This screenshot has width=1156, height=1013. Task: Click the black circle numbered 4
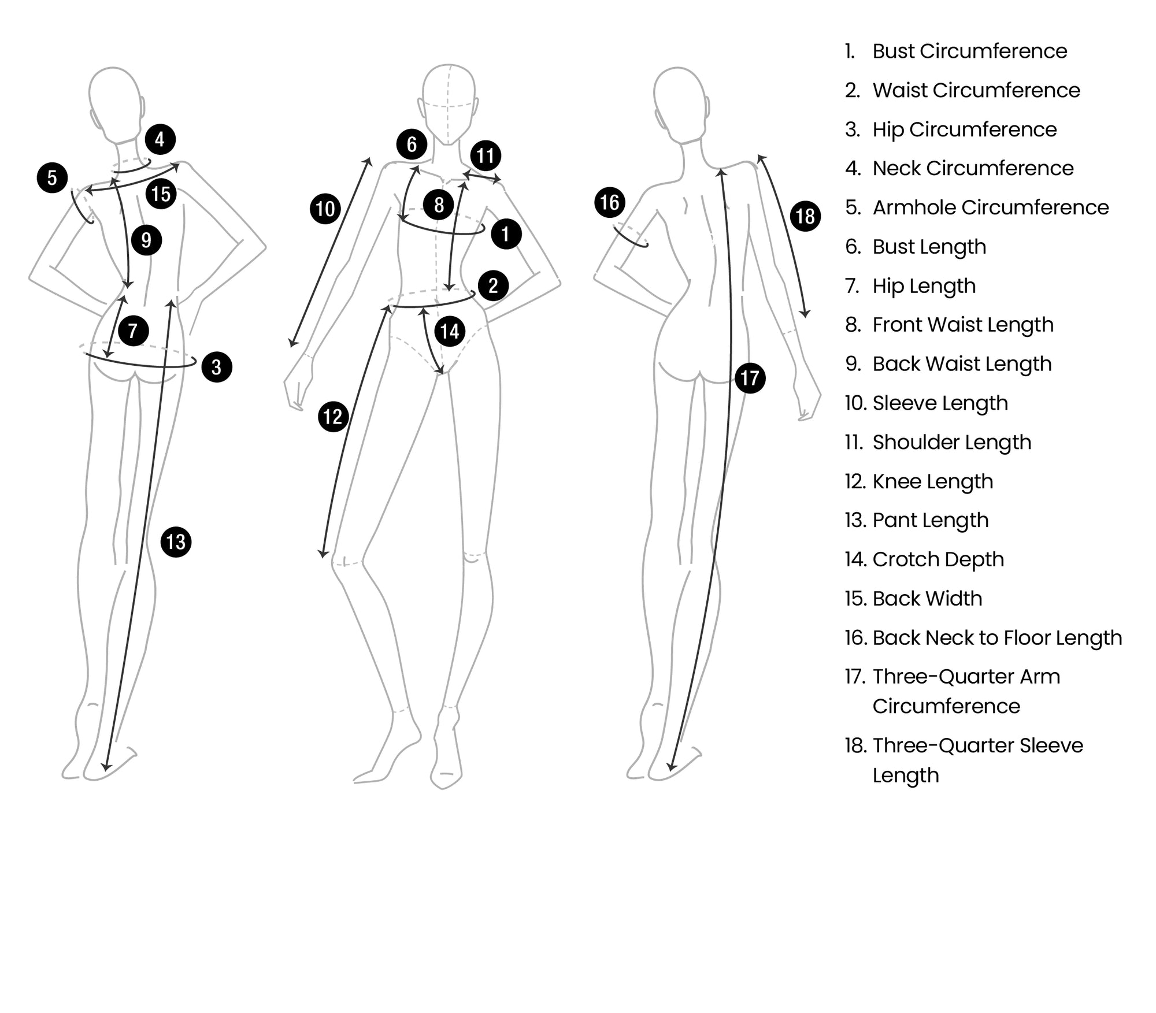[x=160, y=139]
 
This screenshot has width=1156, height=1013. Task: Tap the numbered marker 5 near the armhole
[x=52, y=177]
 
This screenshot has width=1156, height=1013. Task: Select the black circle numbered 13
[x=176, y=542]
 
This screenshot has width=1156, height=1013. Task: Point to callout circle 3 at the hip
[x=217, y=367]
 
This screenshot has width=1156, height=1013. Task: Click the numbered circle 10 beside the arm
[x=325, y=209]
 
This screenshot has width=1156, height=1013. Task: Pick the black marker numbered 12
[x=333, y=417]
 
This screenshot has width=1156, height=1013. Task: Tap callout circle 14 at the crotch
[x=450, y=331]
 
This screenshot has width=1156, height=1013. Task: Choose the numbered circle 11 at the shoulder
[x=486, y=155]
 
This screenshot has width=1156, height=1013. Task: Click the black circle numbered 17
[x=750, y=378]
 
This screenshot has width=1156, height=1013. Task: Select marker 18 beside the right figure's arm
[x=805, y=216]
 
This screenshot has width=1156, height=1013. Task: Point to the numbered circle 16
[x=610, y=202]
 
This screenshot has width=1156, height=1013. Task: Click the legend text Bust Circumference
[x=969, y=51]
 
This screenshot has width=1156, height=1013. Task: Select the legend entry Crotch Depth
[x=938, y=559]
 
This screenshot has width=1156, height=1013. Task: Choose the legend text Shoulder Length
[x=951, y=443]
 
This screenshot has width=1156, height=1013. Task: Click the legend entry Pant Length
[x=930, y=521]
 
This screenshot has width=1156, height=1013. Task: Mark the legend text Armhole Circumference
[x=990, y=208]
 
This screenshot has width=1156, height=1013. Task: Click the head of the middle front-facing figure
[x=449, y=104]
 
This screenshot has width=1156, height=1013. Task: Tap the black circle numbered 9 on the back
[x=146, y=240]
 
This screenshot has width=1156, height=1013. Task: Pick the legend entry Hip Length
[x=924, y=286]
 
